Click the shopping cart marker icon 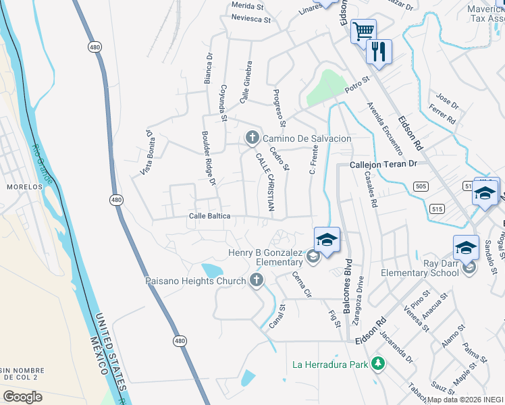(x=363, y=30)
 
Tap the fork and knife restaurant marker (x=379, y=51)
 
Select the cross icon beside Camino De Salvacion (x=252, y=138)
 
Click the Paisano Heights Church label (x=196, y=280)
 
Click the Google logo (x=22, y=396)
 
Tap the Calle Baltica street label (x=209, y=216)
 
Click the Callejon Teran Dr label (x=384, y=164)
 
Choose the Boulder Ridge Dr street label (x=207, y=159)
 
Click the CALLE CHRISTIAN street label (x=265, y=182)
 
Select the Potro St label (x=357, y=85)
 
